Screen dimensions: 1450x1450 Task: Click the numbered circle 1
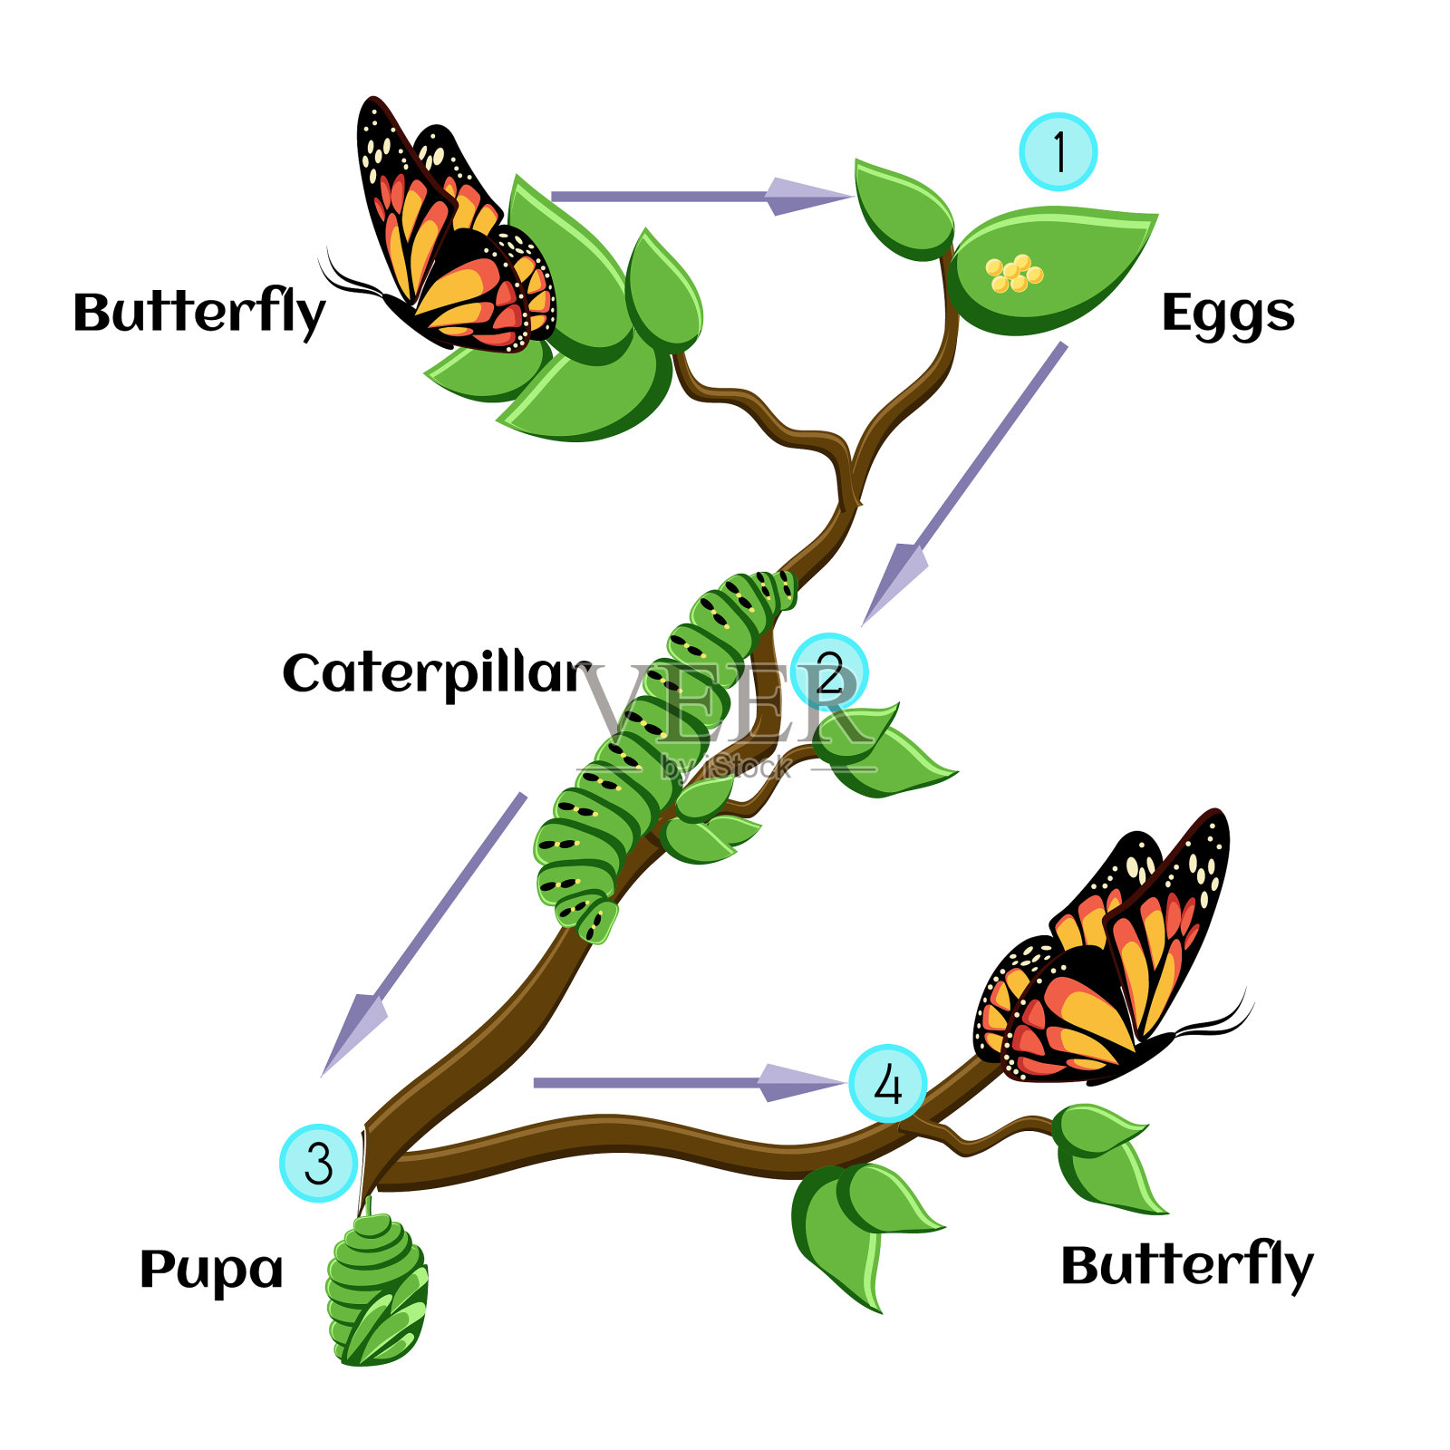(1058, 151)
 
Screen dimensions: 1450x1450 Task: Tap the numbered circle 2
(829, 672)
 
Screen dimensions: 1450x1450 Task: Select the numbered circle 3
(318, 1163)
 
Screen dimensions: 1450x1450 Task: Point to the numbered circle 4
(887, 1084)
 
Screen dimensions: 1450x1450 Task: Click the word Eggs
(1228, 314)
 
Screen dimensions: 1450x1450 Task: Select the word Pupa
(211, 1270)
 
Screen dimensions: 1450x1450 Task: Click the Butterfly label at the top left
(198, 313)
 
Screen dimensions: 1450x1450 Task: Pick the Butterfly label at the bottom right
(1186, 1265)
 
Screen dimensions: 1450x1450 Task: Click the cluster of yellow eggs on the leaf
(1014, 273)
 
